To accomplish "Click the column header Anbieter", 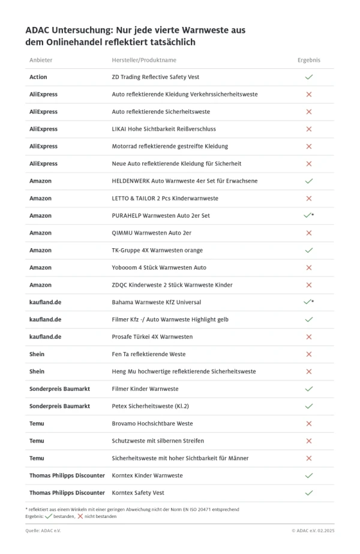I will (x=40, y=60).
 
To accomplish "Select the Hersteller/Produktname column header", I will (x=144, y=60).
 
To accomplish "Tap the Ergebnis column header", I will (x=309, y=60).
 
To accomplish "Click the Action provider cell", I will (x=38, y=77).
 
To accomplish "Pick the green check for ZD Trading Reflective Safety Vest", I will (x=309, y=77).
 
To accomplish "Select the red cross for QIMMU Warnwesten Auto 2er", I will (x=309, y=233).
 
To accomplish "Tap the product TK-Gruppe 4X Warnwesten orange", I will (x=157, y=250).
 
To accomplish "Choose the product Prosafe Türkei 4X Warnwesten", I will (x=152, y=337).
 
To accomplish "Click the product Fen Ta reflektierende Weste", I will (x=149, y=354).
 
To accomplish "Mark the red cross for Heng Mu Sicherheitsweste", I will (x=309, y=372).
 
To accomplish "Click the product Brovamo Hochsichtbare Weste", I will (x=152, y=423).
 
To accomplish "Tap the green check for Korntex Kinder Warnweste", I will (x=309, y=475).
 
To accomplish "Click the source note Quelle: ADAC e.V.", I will (x=43, y=531).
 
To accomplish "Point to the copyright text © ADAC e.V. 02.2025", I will (x=313, y=531).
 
